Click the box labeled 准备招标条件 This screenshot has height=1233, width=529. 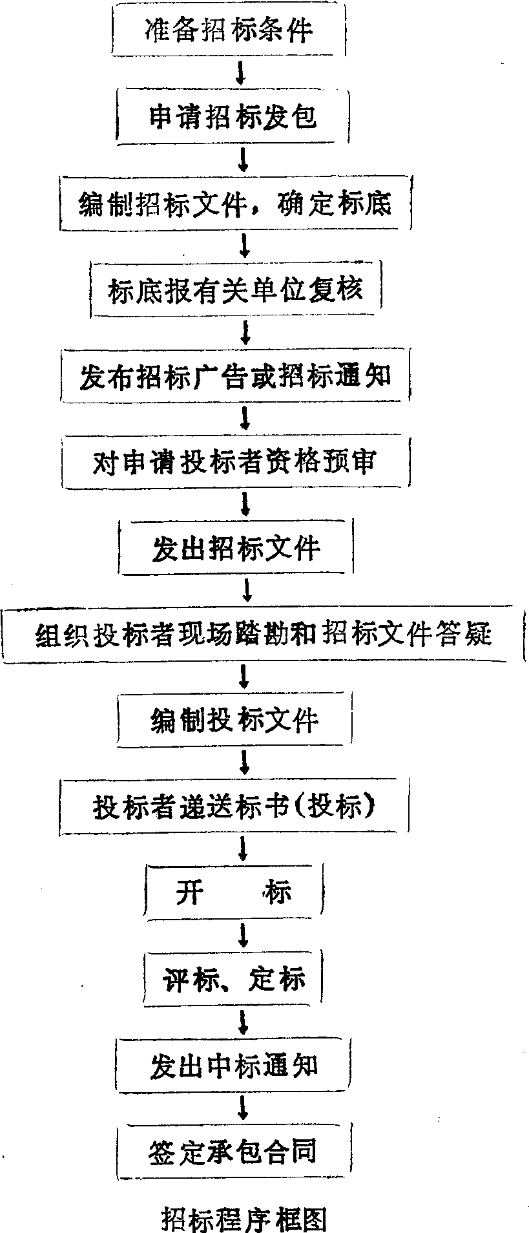click(x=230, y=31)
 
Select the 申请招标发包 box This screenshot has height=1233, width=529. click(x=234, y=117)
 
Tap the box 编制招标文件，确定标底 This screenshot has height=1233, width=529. click(x=235, y=204)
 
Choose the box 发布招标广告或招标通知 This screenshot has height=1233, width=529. click(x=235, y=376)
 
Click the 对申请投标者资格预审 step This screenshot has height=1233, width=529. click(x=235, y=462)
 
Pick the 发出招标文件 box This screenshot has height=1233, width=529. click(x=236, y=549)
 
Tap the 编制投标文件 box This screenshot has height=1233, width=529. click(x=235, y=720)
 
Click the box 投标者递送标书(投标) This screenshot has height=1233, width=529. click(x=234, y=806)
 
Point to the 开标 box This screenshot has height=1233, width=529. click(x=234, y=892)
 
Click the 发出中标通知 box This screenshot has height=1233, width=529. click(x=234, y=1066)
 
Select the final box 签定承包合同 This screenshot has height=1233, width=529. click(x=234, y=1152)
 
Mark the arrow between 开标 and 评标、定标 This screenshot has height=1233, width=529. click(x=243, y=935)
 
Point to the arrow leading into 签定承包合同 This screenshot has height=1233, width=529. click(x=243, y=1108)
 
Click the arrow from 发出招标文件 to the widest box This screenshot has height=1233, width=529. click(x=245, y=590)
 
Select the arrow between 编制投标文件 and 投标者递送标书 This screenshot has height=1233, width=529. click(x=244, y=763)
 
